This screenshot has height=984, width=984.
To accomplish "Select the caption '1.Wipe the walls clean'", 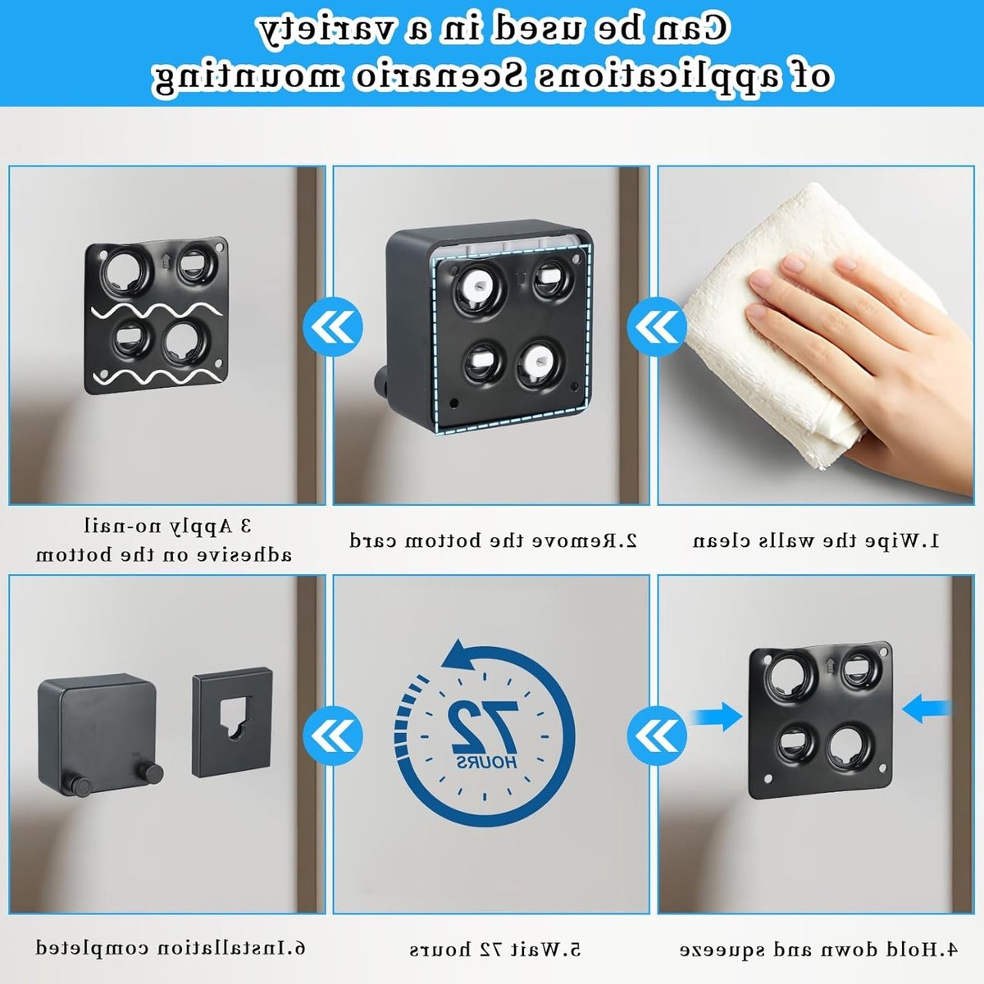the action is (x=815, y=540).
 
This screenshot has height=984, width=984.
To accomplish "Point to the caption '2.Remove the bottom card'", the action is (x=494, y=540).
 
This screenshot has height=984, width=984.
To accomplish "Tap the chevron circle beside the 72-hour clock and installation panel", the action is (x=333, y=736).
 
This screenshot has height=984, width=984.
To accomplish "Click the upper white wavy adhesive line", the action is (x=157, y=312).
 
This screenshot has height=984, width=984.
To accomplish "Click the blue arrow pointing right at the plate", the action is (x=715, y=716).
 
